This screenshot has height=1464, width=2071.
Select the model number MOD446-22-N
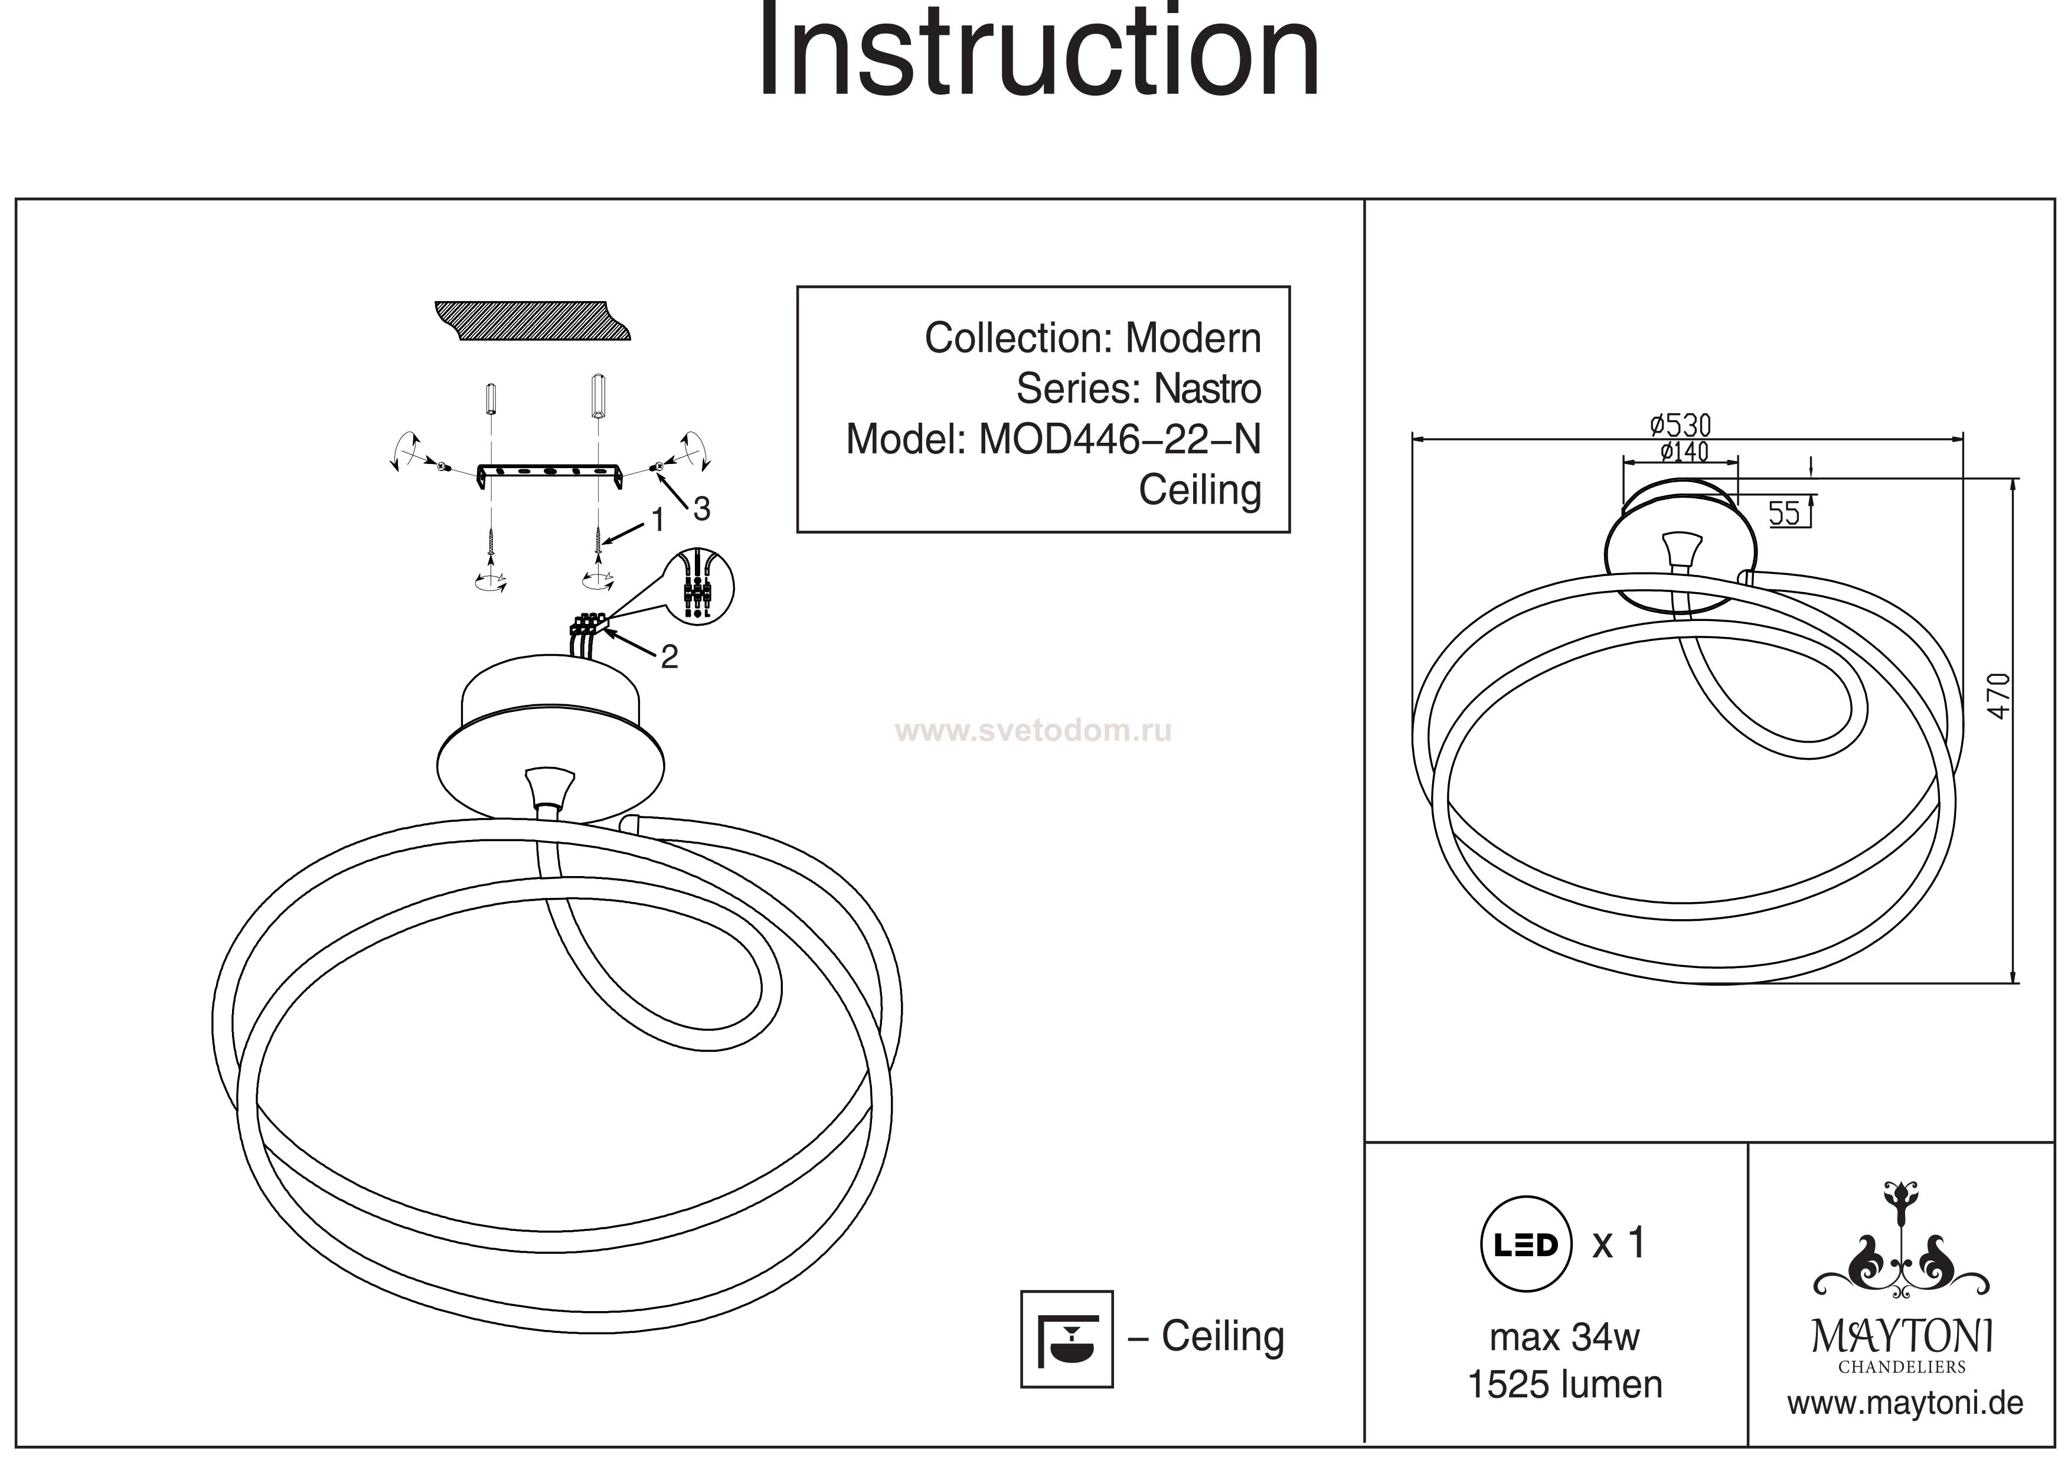pyautogui.click(x=1119, y=440)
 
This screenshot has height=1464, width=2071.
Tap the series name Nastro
pyautogui.click(x=1207, y=390)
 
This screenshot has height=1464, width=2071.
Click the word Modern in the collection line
pyautogui.click(x=1193, y=339)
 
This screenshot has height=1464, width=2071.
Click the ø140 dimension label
pyautogui.click(x=1683, y=451)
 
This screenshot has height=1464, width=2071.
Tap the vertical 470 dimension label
pyautogui.click(x=1999, y=697)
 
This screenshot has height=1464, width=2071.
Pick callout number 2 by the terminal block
pyautogui.click(x=668, y=656)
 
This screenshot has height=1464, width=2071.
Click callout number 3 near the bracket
pyautogui.click(x=701, y=509)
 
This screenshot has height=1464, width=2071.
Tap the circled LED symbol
pyautogui.click(x=1526, y=1245)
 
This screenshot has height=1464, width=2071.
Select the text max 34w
pyautogui.click(x=1564, y=1338)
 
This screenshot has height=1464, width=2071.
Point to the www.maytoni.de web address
pyautogui.click(x=1905, y=1404)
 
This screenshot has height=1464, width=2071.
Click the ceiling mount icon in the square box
pyautogui.click(x=1066, y=1339)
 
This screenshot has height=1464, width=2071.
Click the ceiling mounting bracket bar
pyautogui.click(x=550, y=473)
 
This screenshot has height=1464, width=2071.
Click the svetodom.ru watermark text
pyautogui.click(x=1033, y=731)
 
